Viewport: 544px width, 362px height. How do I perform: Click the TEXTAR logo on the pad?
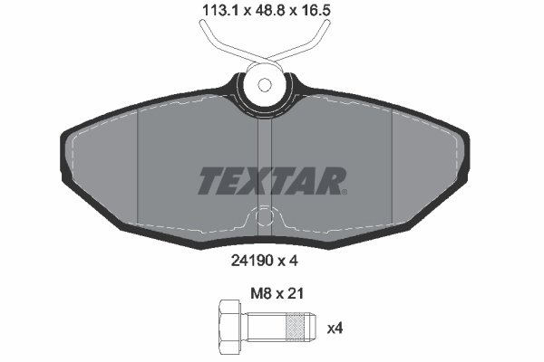point(272,180)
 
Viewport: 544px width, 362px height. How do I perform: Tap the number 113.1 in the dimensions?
point(211,14)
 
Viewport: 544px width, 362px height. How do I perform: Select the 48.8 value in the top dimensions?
point(270,14)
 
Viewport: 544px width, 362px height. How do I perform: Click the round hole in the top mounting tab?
point(265,86)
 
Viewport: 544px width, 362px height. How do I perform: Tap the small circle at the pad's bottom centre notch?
point(265,216)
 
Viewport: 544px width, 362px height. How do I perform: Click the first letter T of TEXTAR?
point(209,181)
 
